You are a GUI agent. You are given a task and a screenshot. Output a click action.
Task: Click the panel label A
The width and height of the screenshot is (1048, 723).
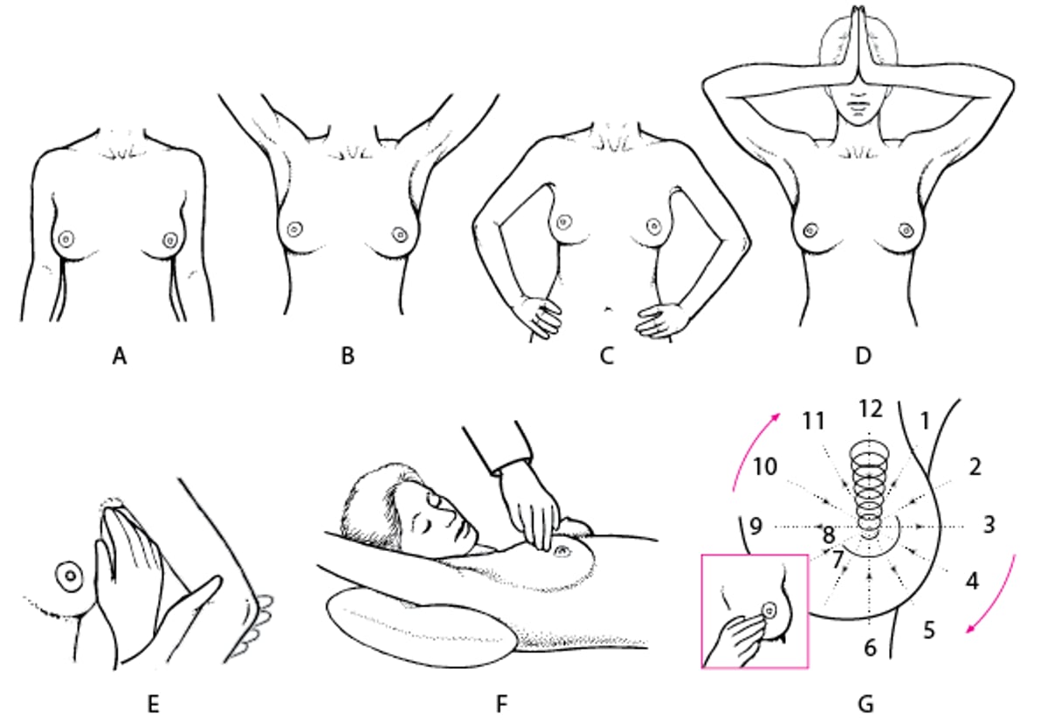[x=120, y=356]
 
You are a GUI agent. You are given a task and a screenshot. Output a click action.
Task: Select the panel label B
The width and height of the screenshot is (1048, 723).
[x=348, y=356]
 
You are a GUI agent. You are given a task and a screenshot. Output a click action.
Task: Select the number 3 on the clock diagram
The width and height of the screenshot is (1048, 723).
[x=988, y=526]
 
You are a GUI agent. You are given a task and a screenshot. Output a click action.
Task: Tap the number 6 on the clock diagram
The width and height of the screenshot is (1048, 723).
[x=868, y=647]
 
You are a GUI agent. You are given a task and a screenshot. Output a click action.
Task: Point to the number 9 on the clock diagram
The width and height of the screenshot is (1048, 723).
[x=756, y=527]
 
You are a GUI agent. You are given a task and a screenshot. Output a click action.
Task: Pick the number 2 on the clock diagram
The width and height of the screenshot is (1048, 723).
[x=975, y=467]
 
